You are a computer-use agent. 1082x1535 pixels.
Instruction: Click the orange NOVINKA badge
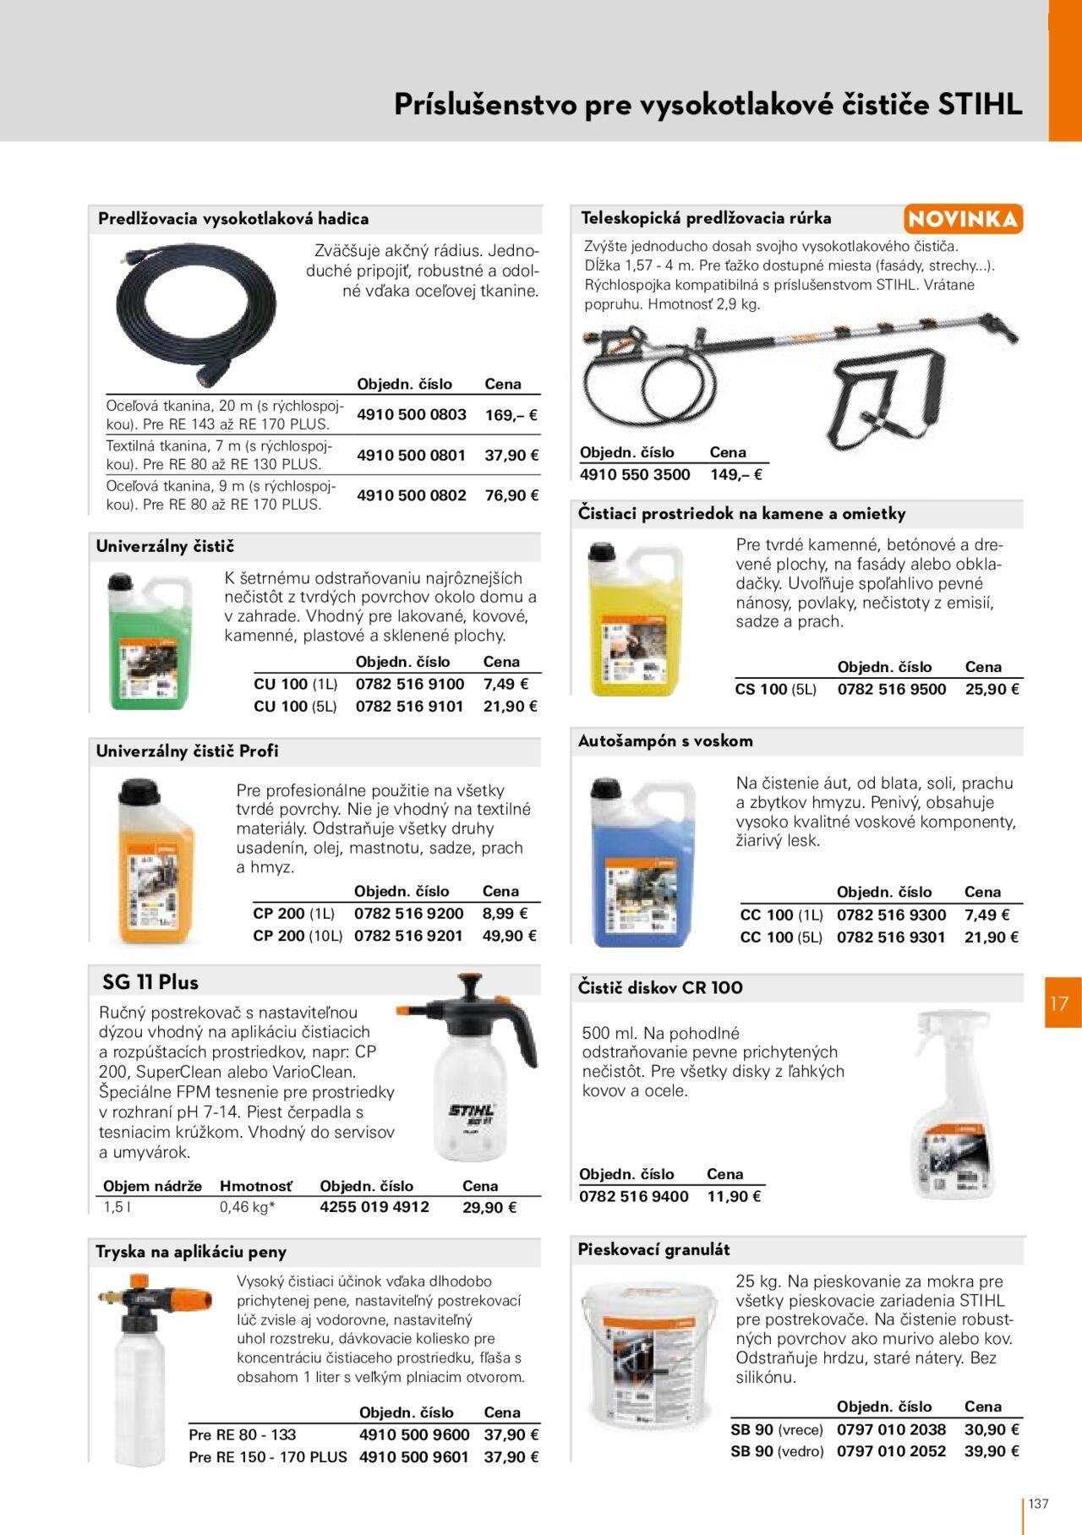pos(963,219)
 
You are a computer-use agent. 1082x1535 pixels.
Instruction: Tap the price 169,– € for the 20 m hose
pos(511,415)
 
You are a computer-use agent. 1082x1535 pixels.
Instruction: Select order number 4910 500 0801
pos(411,455)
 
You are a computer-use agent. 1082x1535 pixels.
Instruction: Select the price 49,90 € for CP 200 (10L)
pos(510,936)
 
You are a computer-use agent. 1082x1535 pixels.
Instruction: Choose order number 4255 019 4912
pos(374,1207)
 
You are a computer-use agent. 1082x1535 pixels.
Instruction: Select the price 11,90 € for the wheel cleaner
pos(734,1196)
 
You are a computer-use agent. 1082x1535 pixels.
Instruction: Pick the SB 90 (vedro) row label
pos(777,1451)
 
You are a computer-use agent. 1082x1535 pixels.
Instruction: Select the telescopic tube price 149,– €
pos(735,475)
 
